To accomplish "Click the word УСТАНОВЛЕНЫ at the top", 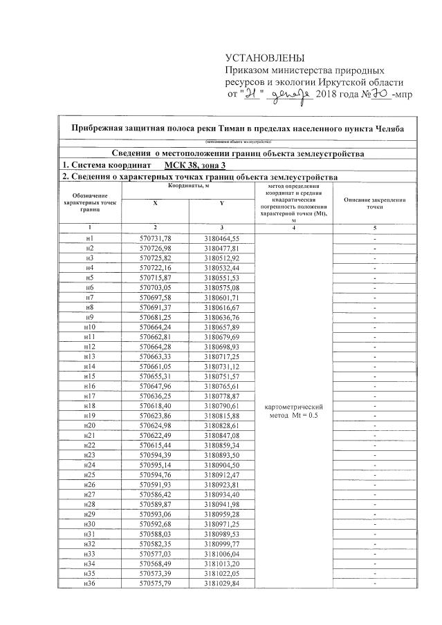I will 265,58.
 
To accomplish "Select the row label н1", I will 89,238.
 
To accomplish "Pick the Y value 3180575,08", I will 221,287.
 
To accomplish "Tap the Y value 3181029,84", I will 221,584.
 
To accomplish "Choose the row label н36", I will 89,584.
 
